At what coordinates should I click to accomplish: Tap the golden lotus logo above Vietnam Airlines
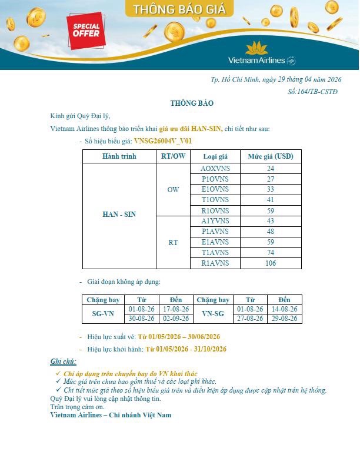click(x=256, y=48)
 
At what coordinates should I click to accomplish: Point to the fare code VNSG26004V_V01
click(x=163, y=141)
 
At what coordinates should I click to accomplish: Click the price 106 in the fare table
click(x=271, y=263)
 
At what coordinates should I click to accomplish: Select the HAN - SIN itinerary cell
click(x=119, y=215)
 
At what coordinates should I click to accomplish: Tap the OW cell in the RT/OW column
click(x=173, y=190)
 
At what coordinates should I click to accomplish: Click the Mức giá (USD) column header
click(x=271, y=156)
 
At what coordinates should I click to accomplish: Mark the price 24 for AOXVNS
click(x=271, y=169)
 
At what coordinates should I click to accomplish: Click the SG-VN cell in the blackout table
click(x=104, y=314)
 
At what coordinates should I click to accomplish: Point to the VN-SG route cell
click(x=212, y=314)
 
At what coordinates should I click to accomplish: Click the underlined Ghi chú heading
click(x=63, y=361)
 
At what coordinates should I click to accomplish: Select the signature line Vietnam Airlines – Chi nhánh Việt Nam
click(x=111, y=415)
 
